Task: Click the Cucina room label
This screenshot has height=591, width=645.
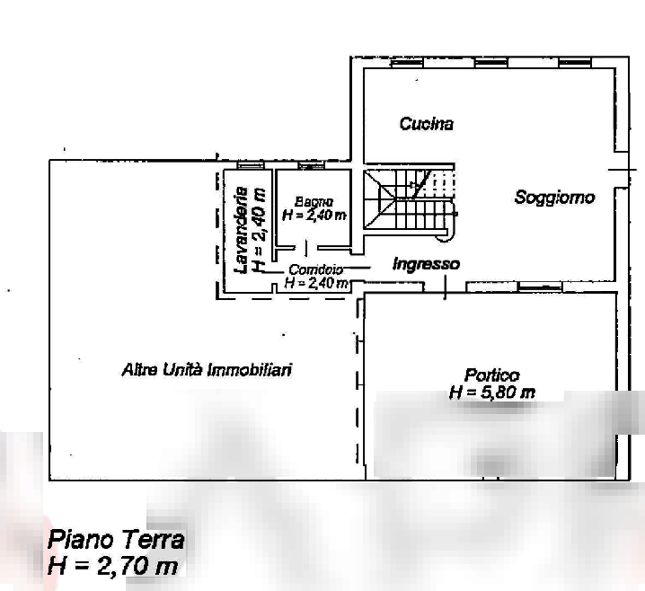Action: click(x=426, y=124)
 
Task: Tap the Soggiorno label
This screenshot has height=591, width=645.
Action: click(x=554, y=198)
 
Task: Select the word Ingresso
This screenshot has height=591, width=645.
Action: click(x=426, y=264)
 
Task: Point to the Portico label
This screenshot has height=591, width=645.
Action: click(x=492, y=375)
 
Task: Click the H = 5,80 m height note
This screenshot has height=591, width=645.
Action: click(x=492, y=393)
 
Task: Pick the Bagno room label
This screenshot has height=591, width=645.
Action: click(x=314, y=202)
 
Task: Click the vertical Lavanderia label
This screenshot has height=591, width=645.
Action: click(x=241, y=230)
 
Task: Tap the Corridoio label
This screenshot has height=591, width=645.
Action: click(x=316, y=269)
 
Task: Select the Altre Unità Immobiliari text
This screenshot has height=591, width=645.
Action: click(x=207, y=369)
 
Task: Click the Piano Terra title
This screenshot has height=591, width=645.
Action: click(x=116, y=540)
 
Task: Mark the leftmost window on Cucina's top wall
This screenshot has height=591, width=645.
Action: click(x=406, y=63)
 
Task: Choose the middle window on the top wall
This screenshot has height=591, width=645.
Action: click(x=491, y=63)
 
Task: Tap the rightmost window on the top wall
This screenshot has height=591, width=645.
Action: click(x=575, y=63)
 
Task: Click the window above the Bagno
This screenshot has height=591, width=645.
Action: click(x=312, y=165)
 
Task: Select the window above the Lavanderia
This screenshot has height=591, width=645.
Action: click(x=250, y=165)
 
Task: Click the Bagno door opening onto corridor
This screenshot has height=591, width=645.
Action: click(x=306, y=249)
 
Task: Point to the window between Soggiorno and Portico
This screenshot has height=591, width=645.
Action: click(x=540, y=287)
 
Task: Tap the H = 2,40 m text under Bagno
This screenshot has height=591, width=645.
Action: click(x=314, y=215)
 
